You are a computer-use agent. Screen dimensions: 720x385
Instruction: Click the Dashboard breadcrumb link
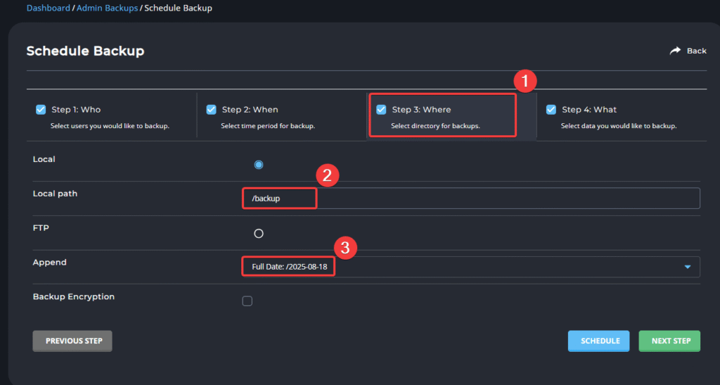point(49,8)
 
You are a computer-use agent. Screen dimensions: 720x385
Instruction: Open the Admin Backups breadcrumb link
point(107,8)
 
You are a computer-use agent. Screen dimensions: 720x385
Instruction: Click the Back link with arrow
point(688,51)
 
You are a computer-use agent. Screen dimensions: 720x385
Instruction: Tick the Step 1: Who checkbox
point(41,109)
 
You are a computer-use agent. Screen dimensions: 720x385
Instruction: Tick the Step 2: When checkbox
point(211,109)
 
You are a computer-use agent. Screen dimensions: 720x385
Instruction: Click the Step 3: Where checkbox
point(381,109)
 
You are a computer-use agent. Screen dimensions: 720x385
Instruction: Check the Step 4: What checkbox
point(551,109)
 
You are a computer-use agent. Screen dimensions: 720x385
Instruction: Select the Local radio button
point(259,165)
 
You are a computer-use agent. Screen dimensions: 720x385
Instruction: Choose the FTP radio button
point(259,234)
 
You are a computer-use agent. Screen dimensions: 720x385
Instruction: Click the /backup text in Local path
point(266,198)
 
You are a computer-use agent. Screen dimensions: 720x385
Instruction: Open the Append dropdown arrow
point(688,267)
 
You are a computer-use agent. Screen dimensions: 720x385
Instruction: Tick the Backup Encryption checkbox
point(247,301)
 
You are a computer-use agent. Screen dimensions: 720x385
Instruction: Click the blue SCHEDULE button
point(599,341)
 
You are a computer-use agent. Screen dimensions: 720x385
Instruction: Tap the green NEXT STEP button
point(669,341)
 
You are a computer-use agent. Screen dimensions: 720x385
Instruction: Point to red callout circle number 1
point(525,82)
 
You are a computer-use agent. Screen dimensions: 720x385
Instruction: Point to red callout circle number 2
point(328,175)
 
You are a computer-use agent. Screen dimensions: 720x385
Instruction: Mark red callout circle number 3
point(345,248)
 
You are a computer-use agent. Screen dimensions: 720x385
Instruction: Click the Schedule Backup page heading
point(85,51)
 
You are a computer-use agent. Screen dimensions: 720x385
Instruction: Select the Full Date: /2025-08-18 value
point(289,267)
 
